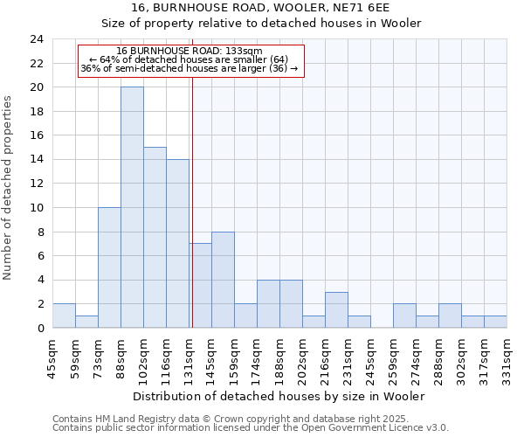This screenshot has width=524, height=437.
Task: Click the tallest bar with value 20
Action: click(132, 207)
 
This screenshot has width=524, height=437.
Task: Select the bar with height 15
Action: click(155, 238)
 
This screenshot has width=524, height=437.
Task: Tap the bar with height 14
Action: click(177, 244)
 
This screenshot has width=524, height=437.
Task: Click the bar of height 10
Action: click(109, 267)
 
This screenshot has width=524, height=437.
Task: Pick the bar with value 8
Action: click(223, 280)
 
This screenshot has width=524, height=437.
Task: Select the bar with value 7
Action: click(200, 286)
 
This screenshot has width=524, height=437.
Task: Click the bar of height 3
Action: click(336, 309)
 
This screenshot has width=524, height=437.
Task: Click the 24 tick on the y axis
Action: click(37, 39)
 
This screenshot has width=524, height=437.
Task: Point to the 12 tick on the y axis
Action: click(37, 184)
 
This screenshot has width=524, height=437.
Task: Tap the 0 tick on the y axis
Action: click(40, 328)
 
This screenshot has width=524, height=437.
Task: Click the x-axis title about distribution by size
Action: click(279, 396)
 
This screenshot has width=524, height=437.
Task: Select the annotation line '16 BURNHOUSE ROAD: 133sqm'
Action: click(190, 51)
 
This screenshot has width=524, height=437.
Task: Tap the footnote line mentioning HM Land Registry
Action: click(249, 419)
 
